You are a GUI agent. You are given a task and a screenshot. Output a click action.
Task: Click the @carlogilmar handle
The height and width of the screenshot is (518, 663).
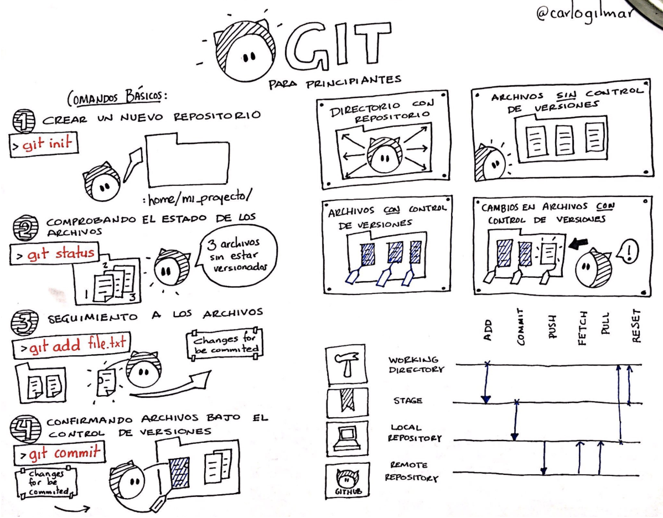pos(586,13)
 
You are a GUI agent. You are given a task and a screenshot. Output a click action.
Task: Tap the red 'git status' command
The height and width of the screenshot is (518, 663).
pos(61,253)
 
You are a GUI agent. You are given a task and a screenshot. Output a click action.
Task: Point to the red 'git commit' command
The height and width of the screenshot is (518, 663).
pos(65,453)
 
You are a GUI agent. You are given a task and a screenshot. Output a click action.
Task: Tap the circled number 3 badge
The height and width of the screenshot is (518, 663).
pos(24,323)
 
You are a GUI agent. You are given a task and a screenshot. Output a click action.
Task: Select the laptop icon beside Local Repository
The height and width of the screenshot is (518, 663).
pos(347,438)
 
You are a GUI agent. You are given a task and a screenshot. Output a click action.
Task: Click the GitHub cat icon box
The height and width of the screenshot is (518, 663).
pos(348,480)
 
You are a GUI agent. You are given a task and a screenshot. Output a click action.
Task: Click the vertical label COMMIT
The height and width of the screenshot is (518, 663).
pos(520,327)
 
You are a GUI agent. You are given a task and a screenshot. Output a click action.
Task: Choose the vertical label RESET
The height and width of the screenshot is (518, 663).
pos(636,325)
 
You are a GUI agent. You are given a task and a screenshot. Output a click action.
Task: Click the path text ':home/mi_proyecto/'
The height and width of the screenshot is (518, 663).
pos(198,197)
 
